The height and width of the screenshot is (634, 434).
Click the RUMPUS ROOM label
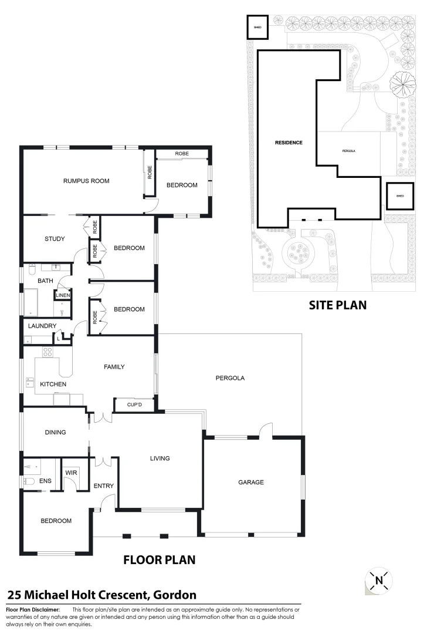[86, 181]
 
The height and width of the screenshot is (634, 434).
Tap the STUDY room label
[55, 239]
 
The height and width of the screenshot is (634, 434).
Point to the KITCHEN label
[53, 385]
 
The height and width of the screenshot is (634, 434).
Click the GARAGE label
[251, 483]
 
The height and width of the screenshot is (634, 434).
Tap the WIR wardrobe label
[70, 472]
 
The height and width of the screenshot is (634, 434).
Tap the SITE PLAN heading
[338, 305]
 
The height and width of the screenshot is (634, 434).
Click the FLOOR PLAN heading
[159, 560]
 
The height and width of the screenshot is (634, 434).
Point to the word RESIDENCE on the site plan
[289, 143]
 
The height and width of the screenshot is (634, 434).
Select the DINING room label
[55, 433]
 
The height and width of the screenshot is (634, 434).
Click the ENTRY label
[103, 486]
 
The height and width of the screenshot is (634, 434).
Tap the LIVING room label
[160, 458]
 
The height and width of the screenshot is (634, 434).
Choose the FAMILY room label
[114, 367]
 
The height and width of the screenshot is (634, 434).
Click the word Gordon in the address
[174, 595]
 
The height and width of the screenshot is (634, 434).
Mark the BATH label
[45, 281]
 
